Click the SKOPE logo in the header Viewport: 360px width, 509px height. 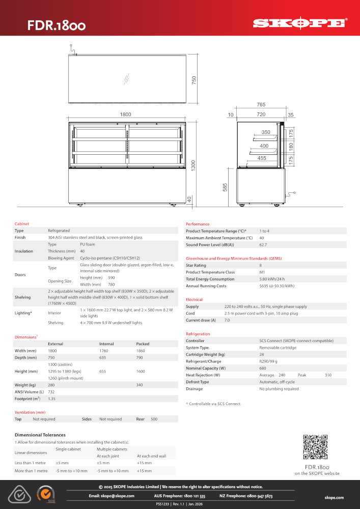tap(300, 23)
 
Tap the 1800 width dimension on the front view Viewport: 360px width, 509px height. tap(125, 115)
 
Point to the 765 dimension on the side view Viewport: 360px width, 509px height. tap(261, 105)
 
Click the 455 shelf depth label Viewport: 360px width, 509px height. tap(262, 158)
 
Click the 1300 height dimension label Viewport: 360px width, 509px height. tap(193, 165)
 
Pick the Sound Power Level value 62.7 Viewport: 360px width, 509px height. tap(264, 245)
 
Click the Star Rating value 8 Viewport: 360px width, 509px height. tap(261, 265)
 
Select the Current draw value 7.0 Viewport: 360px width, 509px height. tap(227, 320)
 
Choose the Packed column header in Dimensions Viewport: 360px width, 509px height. tap(143, 344)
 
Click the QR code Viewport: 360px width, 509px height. tap(315, 447)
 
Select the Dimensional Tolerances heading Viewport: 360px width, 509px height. tap(40, 435)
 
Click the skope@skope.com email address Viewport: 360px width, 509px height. tap(111, 496)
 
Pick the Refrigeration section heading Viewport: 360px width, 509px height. tap(198, 334)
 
